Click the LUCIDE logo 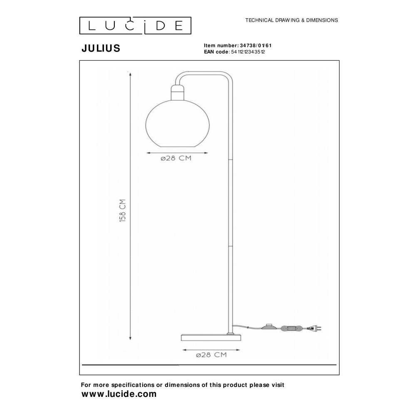(x=135, y=26)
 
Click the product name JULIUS (x=101, y=48)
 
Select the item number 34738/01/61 (x=256, y=45)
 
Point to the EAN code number (x=248, y=52)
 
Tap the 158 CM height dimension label (x=123, y=210)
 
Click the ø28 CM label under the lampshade (x=176, y=158)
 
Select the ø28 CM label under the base (x=211, y=355)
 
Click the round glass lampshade (x=178, y=123)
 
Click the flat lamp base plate (x=211, y=337)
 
